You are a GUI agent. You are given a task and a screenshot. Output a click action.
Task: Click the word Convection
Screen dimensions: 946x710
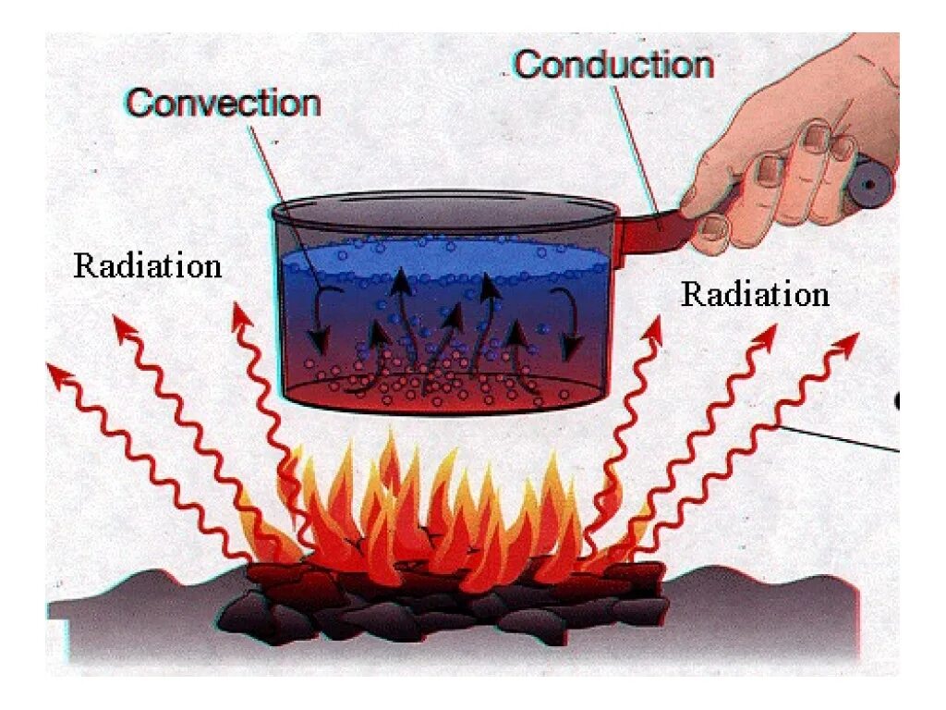click(x=224, y=103)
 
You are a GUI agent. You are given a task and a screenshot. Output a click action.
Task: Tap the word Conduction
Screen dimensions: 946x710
click(x=613, y=65)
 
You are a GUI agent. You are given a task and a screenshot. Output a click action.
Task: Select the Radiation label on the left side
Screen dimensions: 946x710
click(x=148, y=266)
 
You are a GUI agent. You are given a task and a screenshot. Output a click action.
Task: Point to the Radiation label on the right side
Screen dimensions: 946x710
click(x=755, y=295)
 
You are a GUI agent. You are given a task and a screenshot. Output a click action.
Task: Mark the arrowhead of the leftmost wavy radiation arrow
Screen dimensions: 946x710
click(x=57, y=372)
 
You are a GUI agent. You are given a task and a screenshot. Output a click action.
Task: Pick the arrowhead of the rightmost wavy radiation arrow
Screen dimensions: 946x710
click(x=846, y=343)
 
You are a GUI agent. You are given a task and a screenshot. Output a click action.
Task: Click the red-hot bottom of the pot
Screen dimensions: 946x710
click(x=443, y=393)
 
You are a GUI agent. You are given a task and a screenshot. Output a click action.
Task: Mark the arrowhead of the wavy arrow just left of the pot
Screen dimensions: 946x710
click(x=242, y=315)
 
